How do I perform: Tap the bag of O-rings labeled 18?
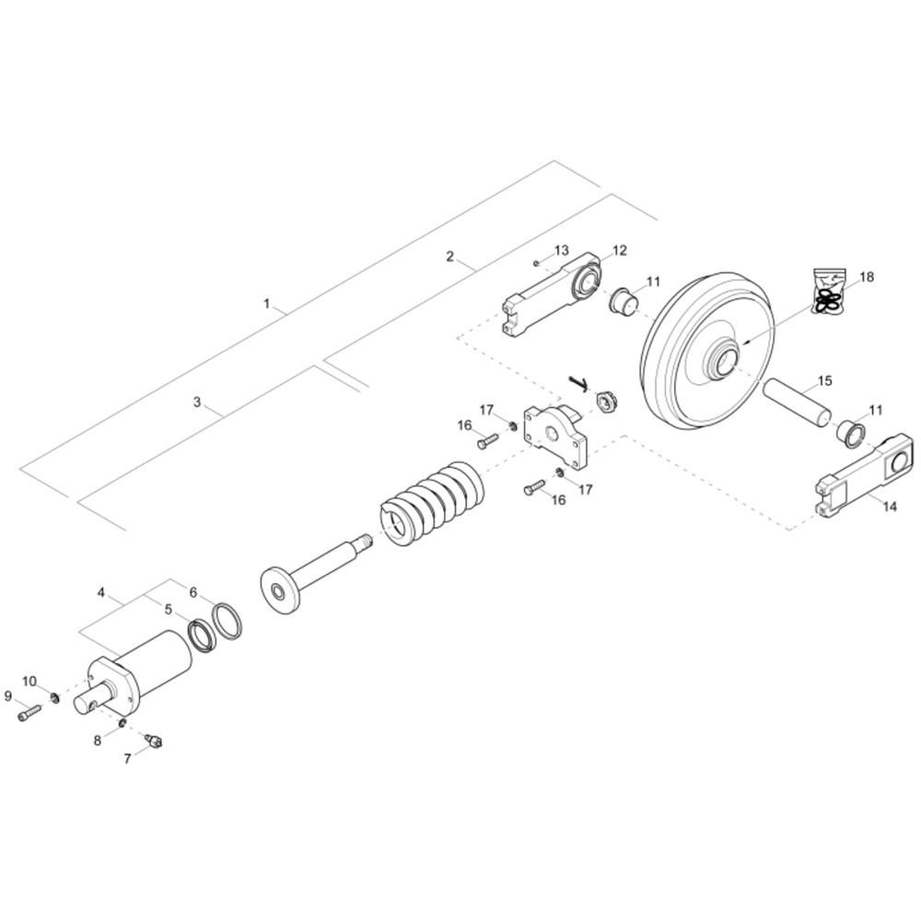tap(829, 291)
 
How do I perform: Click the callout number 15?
tap(824, 380)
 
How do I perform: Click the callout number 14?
tap(890, 506)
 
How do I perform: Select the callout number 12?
tap(620, 251)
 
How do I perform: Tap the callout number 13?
tap(562, 251)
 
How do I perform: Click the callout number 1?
tap(267, 304)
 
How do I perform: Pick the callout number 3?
tap(197, 402)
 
